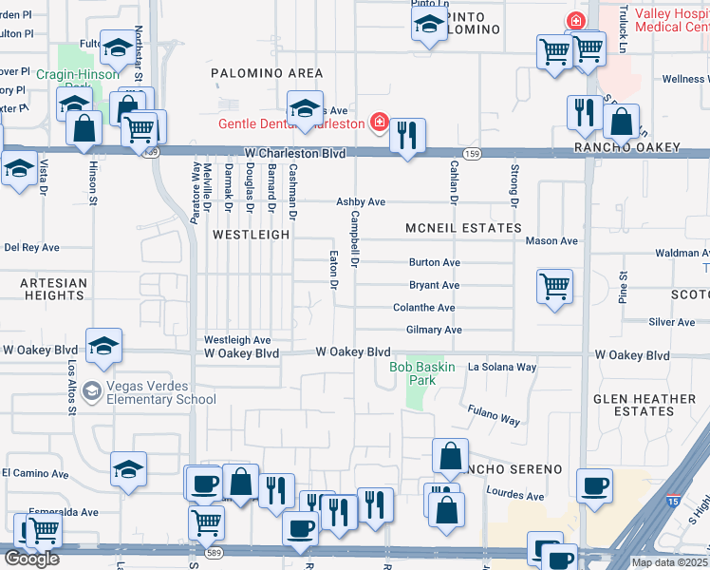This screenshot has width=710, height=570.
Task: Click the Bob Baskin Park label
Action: click(423, 373)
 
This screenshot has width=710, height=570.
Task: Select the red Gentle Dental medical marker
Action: click(378, 123)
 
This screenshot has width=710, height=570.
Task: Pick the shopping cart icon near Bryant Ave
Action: click(554, 286)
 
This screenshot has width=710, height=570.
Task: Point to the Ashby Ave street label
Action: click(361, 202)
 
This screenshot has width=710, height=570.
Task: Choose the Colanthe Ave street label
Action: click(424, 308)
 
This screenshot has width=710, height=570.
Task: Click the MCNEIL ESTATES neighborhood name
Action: click(463, 228)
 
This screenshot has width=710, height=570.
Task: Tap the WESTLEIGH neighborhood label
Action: click(250, 234)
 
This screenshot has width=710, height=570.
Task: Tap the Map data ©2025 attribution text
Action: click(668, 562)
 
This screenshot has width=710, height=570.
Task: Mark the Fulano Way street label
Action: click(494, 413)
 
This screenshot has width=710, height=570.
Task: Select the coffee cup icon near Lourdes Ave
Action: click(595, 485)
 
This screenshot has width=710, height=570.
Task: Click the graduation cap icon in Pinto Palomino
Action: click(429, 25)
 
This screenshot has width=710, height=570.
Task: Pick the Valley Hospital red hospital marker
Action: click(575, 20)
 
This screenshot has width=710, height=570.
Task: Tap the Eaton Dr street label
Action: click(333, 270)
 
